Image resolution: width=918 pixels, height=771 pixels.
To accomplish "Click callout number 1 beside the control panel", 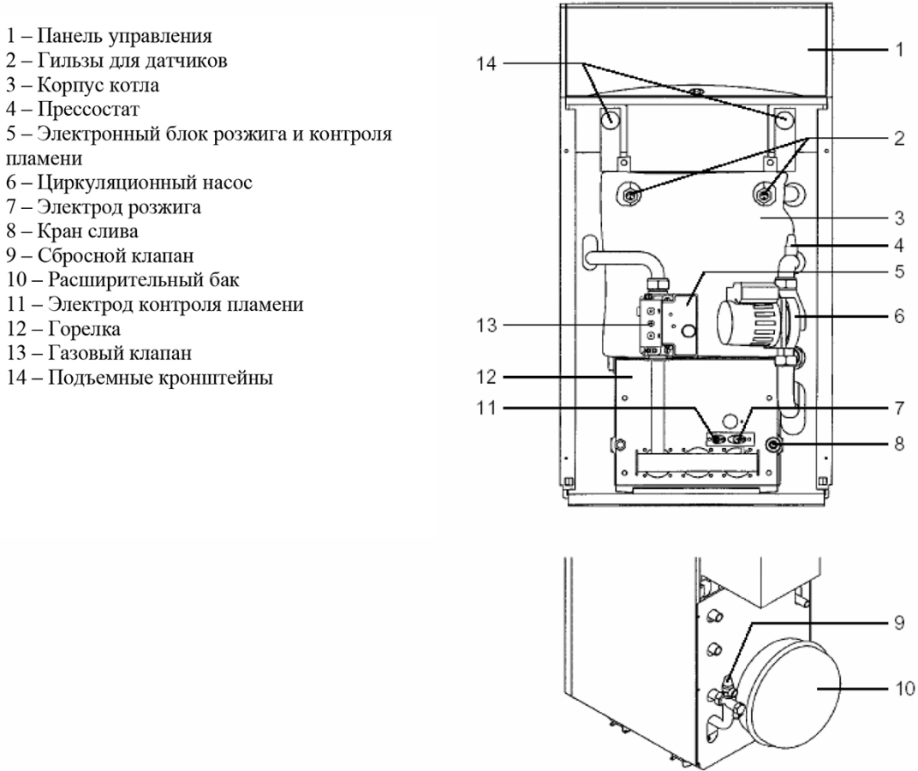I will pos(898,50).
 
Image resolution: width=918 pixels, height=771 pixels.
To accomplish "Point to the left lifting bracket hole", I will pos(606,120).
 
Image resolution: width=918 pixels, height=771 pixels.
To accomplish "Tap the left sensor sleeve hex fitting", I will pos(630,195).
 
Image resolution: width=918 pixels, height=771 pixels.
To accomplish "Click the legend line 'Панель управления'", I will pos(110,38).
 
